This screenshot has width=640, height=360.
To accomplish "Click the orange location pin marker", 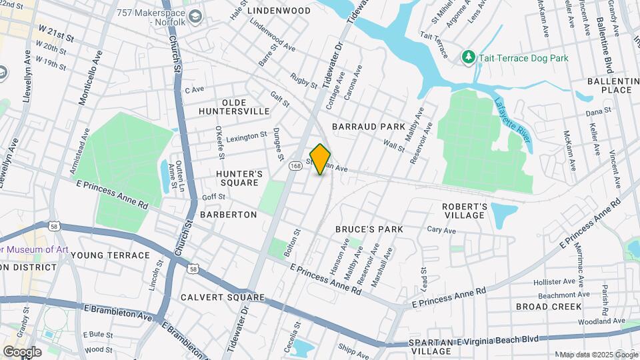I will [x=320, y=159].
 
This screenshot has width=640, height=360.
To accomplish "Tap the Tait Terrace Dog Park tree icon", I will [x=468, y=58].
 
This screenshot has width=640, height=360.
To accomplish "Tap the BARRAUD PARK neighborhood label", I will [x=368, y=126].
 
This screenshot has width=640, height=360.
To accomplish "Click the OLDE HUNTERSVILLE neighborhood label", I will [x=236, y=107].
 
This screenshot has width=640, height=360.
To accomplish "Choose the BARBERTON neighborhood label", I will [x=228, y=215].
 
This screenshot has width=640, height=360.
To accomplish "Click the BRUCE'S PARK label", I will [x=369, y=229].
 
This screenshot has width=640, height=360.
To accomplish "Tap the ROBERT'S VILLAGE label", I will [x=465, y=211].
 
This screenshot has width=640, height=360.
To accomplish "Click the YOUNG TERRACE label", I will [x=110, y=255].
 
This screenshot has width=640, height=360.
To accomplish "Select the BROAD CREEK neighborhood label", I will [x=548, y=307].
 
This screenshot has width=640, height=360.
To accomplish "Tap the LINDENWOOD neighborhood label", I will [x=279, y=11].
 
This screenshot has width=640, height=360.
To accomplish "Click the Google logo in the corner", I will [x=22, y=351].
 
